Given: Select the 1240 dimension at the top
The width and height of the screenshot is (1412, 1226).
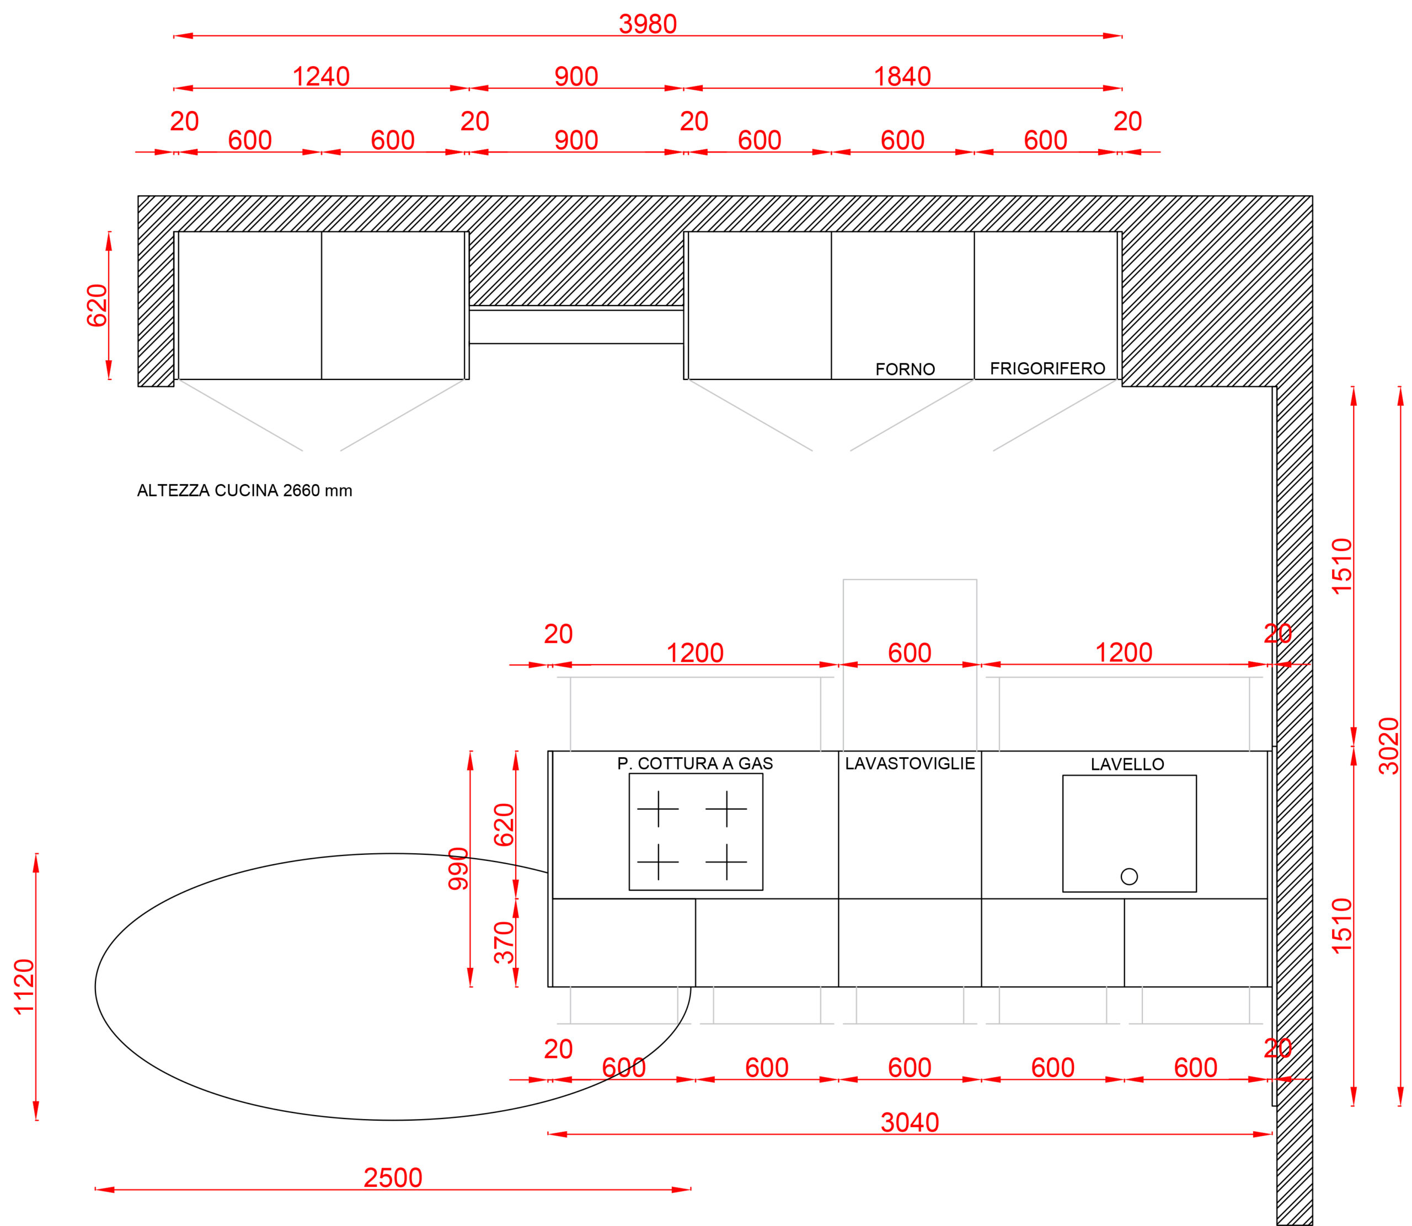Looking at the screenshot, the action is click(x=321, y=77).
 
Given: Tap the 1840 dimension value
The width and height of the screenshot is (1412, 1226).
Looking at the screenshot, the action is click(x=902, y=77).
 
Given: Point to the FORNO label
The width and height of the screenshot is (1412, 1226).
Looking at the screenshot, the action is click(x=905, y=370).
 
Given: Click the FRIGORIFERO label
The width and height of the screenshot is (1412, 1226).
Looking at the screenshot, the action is click(x=1047, y=369).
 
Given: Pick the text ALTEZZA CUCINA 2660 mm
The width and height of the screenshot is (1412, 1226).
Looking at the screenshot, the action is click(x=244, y=490).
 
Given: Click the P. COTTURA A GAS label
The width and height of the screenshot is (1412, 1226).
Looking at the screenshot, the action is click(x=695, y=763).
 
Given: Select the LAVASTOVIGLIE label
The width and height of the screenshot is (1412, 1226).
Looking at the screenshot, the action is click(x=910, y=763).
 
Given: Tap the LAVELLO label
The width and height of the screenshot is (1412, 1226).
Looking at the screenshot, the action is click(x=1127, y=764).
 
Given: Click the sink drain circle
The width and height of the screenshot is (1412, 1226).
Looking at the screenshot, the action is click(x=1130, y=876).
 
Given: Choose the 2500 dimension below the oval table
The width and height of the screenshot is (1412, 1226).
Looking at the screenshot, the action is click(x=393, y=1177).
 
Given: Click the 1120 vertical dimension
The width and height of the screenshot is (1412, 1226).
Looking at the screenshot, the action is click(x=24, y=987).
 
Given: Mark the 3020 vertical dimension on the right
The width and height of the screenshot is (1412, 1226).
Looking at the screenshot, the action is click(x=1389, y=746).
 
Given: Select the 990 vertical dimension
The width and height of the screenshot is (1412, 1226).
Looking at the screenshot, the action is click(x=458, y=869).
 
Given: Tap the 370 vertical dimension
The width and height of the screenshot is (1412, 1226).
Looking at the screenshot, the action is click(x=504, y=942).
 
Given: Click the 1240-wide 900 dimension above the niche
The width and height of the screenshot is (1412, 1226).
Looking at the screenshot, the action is click(x=576, y=77).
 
